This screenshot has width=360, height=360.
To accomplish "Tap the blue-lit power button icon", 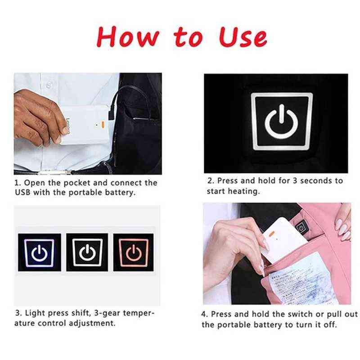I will [x=40, y=252].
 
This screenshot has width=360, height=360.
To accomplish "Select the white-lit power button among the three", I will [x=87, y=252].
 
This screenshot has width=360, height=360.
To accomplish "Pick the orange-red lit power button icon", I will [x=134, y=252].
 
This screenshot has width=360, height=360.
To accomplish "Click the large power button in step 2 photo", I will [x=282, y=121].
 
